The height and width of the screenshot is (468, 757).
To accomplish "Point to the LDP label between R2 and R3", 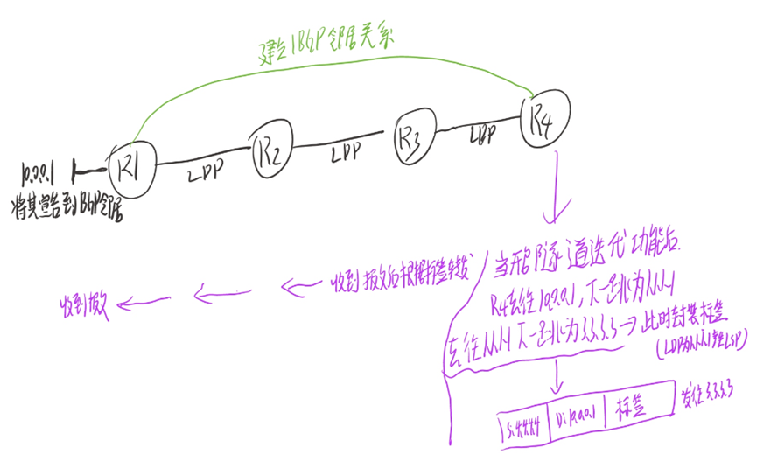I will pos(344,154).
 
